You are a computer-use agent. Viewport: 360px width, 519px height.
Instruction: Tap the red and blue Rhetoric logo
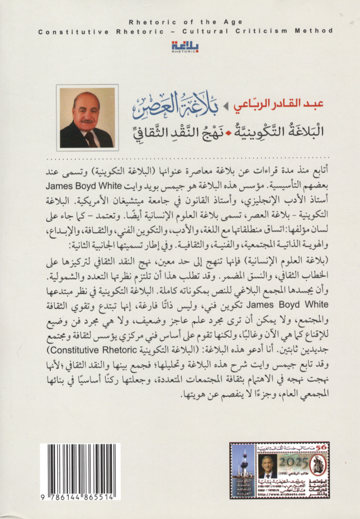click(x=180, y=47)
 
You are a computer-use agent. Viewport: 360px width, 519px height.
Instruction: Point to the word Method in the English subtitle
click(x=302, y=33)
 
